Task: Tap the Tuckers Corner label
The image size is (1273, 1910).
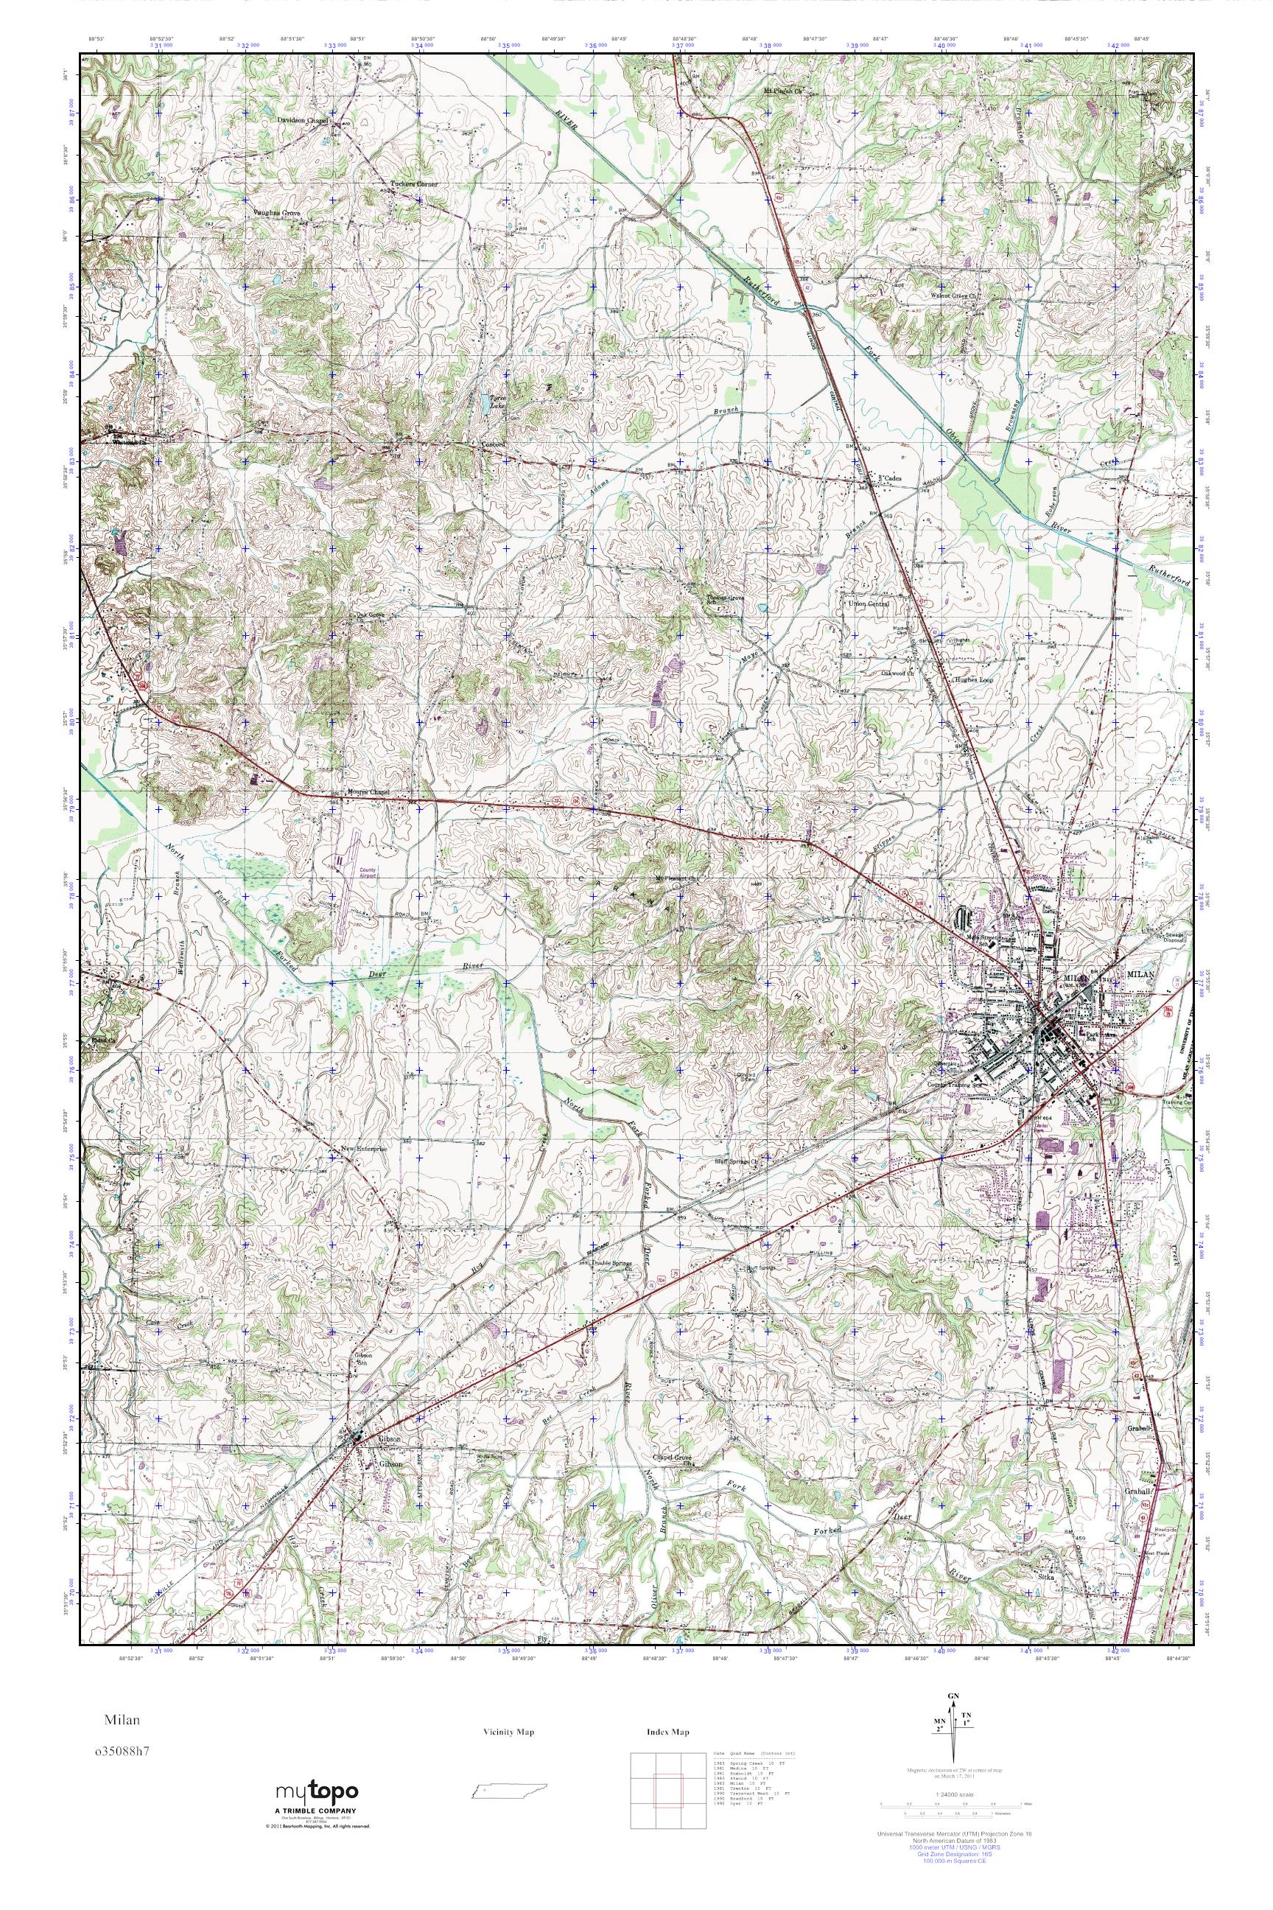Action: pos(413,184)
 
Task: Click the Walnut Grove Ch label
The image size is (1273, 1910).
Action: pos(955,295)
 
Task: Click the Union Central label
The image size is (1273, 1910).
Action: pos(869,604)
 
